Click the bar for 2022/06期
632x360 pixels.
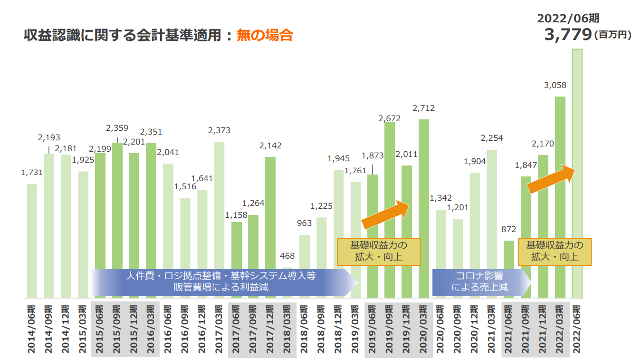577,174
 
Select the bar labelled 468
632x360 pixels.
287,282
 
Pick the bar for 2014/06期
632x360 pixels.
32,241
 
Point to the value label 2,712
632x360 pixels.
423,108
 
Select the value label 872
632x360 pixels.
509,229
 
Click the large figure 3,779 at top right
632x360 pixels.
567,35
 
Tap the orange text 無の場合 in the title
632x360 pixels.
264,35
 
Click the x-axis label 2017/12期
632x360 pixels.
270,328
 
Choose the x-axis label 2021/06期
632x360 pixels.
509,328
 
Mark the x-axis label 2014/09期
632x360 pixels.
49,328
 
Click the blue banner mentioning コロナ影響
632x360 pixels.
480,281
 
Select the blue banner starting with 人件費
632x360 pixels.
221,281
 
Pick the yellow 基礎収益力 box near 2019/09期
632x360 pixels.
379,252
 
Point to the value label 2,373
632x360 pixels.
219,131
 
